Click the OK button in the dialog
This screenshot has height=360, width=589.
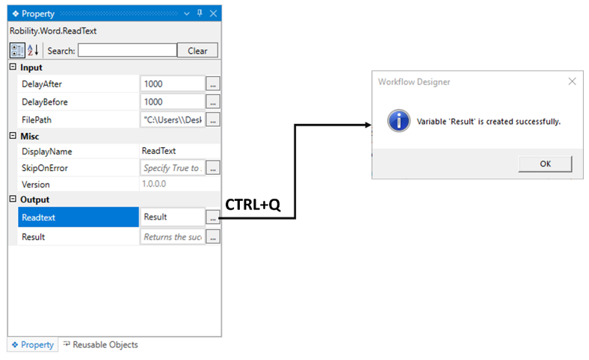coord(545,164)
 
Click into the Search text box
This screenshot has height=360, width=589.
coord(126,51)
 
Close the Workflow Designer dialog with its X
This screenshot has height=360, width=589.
coord(573,81)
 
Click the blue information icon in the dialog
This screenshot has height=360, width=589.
coord(399,120)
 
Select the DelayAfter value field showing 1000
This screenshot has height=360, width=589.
coord(172,84)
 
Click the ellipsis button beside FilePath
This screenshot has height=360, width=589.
coord(213,119)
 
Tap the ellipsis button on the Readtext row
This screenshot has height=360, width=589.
coord(213,217)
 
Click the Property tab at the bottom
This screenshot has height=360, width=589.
coord(32,345)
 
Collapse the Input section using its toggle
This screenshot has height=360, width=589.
coord(13,68)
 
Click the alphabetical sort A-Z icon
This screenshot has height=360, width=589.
coord(33,51)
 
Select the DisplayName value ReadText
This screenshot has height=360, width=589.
coord(158,152)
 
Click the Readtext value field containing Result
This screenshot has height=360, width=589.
coord(172,217)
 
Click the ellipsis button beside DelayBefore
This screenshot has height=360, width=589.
coord(213,102)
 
